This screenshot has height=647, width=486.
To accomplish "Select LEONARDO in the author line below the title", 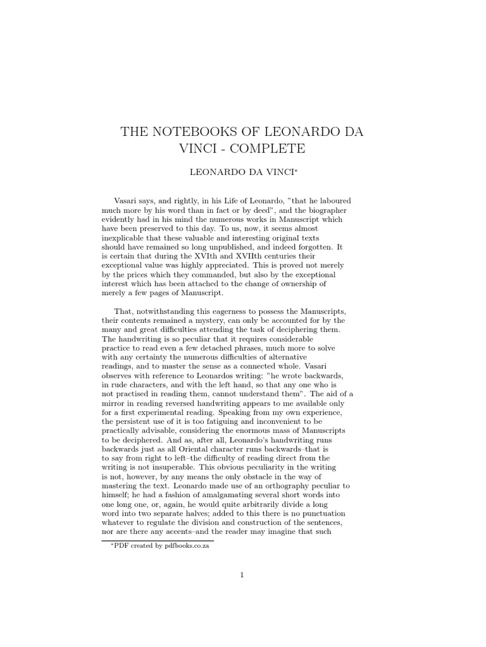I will click(213, 172).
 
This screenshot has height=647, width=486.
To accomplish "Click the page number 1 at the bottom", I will click(242, 575).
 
